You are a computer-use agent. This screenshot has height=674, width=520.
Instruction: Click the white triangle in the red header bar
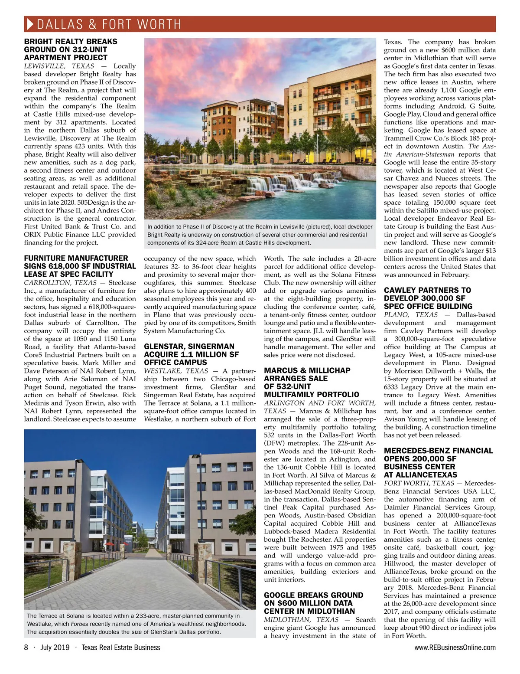pyautogui.click(x=30, y=24)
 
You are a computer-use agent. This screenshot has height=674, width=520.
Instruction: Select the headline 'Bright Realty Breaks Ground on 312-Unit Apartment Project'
pyautogui.click(x=71, y=49)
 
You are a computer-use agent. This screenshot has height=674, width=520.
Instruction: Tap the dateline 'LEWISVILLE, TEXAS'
pyautogui.click(x=59, y=66)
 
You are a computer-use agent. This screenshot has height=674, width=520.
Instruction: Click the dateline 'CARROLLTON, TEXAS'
pyautogui.click(x=60, y=282)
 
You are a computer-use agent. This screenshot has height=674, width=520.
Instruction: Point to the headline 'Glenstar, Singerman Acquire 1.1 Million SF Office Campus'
pyautogui.click(x=191, y=354)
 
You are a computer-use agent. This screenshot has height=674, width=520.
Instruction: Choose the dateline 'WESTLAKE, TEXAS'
pyautogui.click(x=176, y=371)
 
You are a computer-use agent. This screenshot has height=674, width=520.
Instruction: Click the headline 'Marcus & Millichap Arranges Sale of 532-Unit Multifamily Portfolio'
pyautogui.click(x=312, y=383)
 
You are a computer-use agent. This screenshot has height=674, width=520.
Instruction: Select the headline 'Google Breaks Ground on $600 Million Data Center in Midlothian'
pyautogui.click(x=314, y=603)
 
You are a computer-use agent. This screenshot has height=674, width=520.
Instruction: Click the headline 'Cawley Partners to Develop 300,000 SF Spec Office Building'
pyautogui.click(x=428, y=298)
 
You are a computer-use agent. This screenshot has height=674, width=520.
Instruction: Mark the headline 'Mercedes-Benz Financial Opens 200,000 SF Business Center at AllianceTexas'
pyautogui.click(x=438, y=463)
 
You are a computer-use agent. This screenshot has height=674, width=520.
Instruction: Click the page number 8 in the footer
pyautogui.click(x=26, y=648)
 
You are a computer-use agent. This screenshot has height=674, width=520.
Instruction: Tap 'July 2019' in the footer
pyautogui.click(x=55, y=648)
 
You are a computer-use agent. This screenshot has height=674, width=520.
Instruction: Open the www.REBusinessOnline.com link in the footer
pyautogui.click(x=455, y=648)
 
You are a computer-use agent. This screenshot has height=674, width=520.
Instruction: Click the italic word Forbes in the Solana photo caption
pyautogui.click(x=80, y=624)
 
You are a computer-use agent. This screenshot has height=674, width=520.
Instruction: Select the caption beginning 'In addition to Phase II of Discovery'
pyautogui.click(x=260, y=235)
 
